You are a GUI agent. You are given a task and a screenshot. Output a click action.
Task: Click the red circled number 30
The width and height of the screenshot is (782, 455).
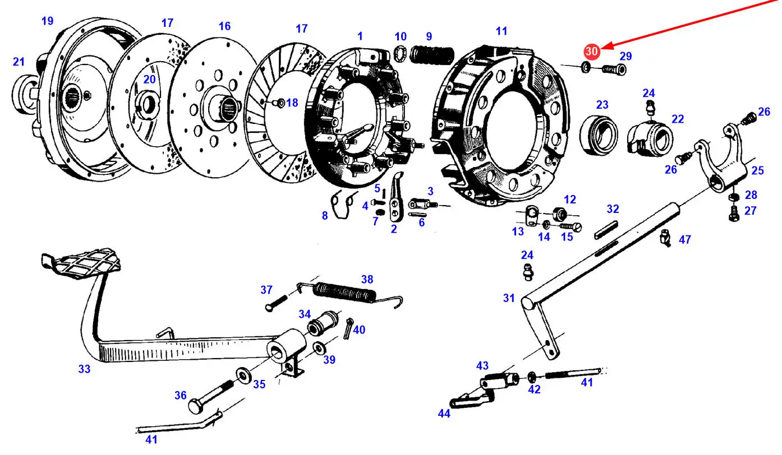coord(592,52)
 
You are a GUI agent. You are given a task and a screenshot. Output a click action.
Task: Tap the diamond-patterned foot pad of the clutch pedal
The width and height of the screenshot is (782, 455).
coord(82,263)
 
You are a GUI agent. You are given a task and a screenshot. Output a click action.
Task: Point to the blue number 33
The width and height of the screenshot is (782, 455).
coord(84,369)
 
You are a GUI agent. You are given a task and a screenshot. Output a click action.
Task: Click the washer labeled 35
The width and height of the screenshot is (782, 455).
coord(243,375)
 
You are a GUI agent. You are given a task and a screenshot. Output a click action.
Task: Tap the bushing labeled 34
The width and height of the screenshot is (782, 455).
coord(323,323)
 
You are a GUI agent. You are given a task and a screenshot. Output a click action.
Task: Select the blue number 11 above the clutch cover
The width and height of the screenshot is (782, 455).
coord(502,31)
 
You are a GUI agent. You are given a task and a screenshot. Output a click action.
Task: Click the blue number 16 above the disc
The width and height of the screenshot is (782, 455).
coord(224,26)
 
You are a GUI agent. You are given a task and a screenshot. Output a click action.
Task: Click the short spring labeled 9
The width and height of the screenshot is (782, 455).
coord(432,55)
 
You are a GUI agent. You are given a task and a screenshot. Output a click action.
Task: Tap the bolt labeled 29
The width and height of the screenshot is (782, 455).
coord(614,69)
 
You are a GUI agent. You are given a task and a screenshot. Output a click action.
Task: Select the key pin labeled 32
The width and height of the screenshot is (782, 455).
coord(606,230)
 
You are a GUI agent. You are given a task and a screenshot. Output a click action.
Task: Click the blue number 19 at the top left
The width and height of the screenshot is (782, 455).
coord(48,21)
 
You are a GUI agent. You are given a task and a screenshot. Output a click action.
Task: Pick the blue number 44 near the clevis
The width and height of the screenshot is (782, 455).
coord(444,414)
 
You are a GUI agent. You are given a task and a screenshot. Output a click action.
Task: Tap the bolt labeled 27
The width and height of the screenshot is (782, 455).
coord(734,213)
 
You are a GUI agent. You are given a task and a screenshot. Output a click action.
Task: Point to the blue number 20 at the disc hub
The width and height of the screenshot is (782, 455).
coord(149,80)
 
